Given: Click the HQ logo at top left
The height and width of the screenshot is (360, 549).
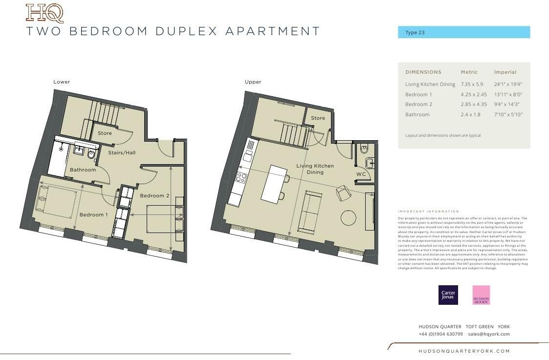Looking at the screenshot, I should tap(44, 13).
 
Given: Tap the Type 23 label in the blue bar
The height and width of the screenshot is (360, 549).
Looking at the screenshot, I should tap(415, 33).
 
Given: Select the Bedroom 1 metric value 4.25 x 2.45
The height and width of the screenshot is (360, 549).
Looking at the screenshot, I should tap(474, 94).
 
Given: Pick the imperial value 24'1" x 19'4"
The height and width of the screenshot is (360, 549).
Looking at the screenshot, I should tap(508, 85).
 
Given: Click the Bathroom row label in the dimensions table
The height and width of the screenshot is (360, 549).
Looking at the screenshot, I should tap(417, 114).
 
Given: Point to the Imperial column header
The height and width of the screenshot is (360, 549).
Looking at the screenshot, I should tap(505, 72).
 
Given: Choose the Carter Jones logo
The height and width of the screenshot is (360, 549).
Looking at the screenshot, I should tap(448, 295).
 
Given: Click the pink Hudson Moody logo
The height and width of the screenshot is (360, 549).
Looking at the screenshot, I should tap(481, 295).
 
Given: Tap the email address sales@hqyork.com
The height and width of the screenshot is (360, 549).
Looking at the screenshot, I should tap(488, 334).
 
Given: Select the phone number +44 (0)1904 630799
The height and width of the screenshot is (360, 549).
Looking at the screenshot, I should tap(440, 334).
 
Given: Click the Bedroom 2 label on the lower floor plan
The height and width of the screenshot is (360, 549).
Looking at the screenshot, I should tap(154, 196).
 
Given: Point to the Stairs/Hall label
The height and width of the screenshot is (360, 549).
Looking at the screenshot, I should tap(122, 153).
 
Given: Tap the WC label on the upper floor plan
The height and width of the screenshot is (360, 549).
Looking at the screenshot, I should tap(361, 174).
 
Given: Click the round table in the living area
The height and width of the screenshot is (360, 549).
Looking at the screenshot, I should tap(348, 217).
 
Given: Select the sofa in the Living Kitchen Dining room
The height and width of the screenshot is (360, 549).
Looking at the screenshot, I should tap(310, 212).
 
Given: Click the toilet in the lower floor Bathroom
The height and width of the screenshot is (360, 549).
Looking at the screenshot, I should tap(91, 154).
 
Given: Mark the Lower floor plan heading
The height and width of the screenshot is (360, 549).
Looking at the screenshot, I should tap(62, 82).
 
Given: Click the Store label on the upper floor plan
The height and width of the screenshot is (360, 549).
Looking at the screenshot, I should tap(318, 118).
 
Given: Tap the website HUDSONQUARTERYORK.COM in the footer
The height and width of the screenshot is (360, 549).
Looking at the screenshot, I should tap(464, 351).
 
